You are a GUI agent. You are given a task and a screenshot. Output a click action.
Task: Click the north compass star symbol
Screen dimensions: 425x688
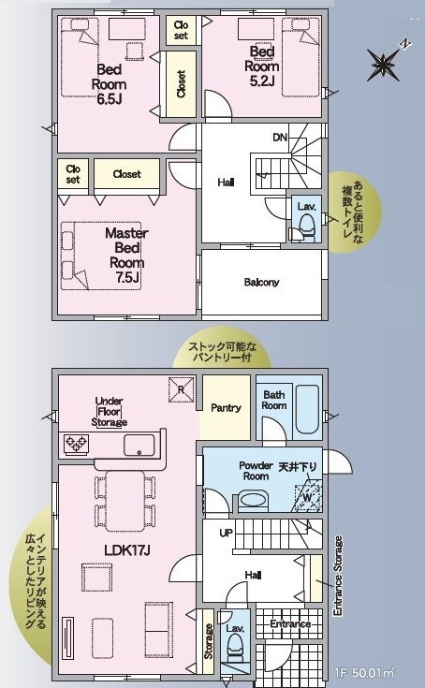pyautogui.click(x=383, y=65)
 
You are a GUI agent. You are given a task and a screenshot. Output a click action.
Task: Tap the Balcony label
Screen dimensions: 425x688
pyautogui.click(x=261, y=282)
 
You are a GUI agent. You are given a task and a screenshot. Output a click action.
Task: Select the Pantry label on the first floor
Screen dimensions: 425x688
pyautogui.click(x=226, y=407)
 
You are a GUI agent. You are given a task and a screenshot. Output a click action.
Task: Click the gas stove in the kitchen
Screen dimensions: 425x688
pyautogui.click(x=77, y=443)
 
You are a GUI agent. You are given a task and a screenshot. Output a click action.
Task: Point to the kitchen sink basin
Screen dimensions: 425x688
pyautogui.click(x=139, y=446)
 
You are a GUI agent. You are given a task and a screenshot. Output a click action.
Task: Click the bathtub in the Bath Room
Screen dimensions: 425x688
pyautogui.click(x=306, y=409)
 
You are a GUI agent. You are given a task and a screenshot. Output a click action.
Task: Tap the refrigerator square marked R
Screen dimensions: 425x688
pyautogui.click(x=182, y=389)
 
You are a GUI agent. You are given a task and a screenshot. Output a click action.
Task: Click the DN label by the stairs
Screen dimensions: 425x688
pyautogui.click(x=280, y=138)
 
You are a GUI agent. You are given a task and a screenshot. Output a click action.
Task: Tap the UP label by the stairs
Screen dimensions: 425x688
pyautogui.click(x=226, y=534)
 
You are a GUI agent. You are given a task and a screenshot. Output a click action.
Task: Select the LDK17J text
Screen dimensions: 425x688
pyautogui.click(x=127, y=550)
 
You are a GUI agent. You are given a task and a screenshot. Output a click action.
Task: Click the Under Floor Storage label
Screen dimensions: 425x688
pyautogui.click(x=110, y=412)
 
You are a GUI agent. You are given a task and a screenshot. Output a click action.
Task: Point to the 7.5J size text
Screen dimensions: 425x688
pyautogui.click(x=125, y=277)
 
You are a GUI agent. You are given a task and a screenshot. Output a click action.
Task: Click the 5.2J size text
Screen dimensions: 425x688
pyautogui.click(x=262, y=81)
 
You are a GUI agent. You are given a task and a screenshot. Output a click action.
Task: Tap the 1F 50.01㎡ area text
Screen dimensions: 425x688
pyautogui.click(x=364, y=672)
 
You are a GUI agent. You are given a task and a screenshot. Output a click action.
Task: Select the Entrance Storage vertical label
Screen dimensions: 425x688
pyautogui.click(x=337, y=576)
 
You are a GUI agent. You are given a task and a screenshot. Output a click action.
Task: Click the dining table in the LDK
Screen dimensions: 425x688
pyautogui.click(x=125, y=501)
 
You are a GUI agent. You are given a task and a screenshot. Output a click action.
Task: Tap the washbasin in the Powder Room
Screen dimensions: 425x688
pyautogui.click(x=251, y=500)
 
